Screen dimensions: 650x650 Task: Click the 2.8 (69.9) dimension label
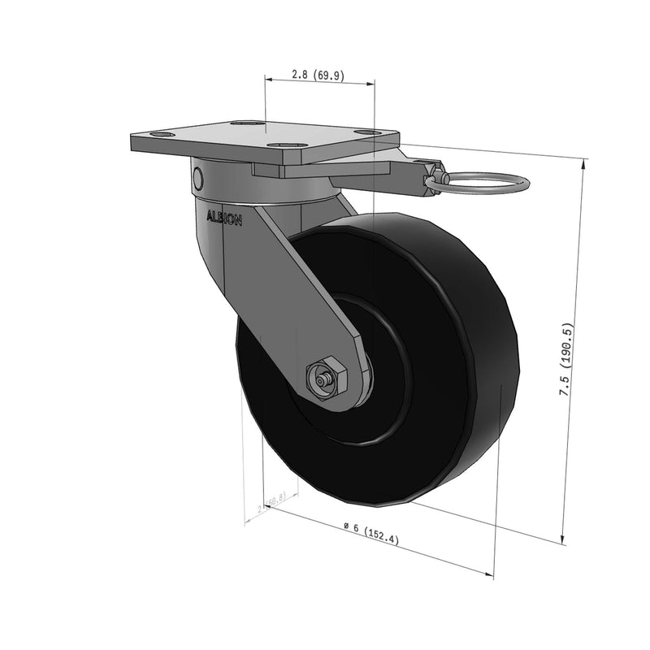318,75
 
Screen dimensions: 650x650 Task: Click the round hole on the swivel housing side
197,176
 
